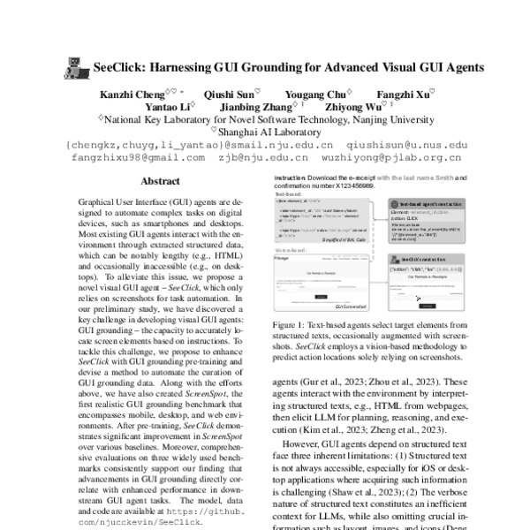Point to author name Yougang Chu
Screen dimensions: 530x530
pos(316,92)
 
